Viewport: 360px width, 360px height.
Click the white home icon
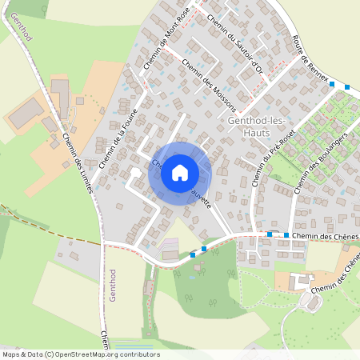[x=180, y=173]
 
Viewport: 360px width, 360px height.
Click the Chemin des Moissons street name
[x=209, y=85]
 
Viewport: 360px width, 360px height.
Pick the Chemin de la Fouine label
[x=119, y=138]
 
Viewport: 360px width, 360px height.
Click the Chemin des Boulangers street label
[x=313, y=163]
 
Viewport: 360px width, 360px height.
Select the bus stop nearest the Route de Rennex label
[x=332, y=84]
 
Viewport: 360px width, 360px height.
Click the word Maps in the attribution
[x=11, y=354]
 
